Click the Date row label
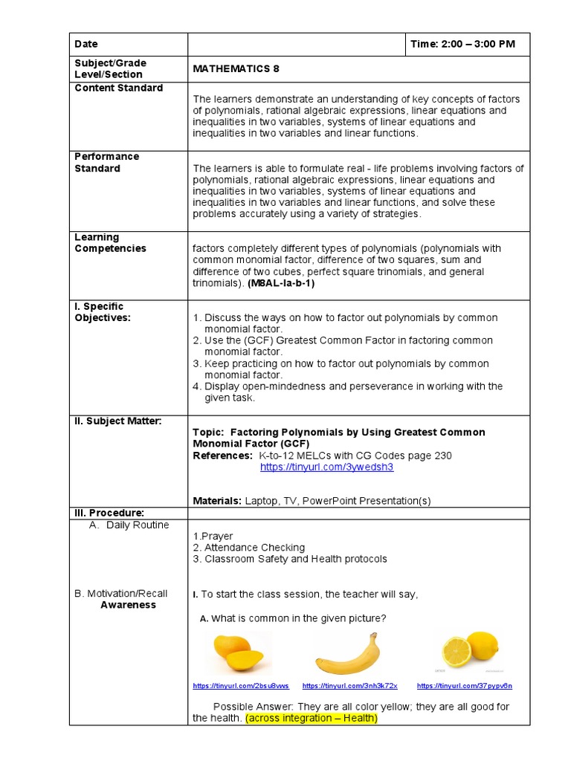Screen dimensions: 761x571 point(86,45)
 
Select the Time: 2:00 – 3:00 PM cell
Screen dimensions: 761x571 point(462,45)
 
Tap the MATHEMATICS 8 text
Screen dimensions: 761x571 point(236,68)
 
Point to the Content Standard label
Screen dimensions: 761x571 point(119,88)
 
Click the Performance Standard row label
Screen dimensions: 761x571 point(106,162)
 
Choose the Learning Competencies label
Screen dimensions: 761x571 point(110,243)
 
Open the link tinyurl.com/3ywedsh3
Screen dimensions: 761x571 point(326,467)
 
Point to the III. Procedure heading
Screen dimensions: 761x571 point(109,513)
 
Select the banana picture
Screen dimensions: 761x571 point(347,655)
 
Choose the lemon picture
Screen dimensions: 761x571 point(470,649)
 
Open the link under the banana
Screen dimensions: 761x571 point(350,686)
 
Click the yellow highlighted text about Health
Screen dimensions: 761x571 point(312,719)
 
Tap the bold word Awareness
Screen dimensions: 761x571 point(128,605)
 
